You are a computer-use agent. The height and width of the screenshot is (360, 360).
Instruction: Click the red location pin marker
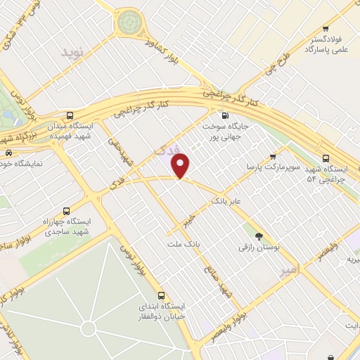[181, 166]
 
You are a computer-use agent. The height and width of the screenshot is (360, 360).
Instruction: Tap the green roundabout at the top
[129, 22]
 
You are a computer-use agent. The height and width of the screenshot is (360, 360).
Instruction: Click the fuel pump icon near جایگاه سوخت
[224, 116]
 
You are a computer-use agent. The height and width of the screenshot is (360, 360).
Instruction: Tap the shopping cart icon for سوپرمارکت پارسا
[273, 156]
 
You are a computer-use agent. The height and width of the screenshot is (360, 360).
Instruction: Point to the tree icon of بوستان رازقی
[259, 236]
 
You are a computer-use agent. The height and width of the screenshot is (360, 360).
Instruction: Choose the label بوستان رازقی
[259, 248]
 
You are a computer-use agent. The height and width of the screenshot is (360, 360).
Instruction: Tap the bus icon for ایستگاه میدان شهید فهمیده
[69, 115]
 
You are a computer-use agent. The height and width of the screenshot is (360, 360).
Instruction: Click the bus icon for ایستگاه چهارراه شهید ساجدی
[67, 211]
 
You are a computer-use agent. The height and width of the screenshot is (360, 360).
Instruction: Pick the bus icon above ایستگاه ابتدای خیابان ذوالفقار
[162, 295]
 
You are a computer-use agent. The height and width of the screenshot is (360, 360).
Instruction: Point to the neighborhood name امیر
[288, 270]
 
